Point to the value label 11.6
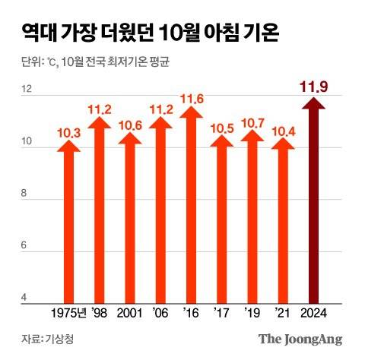pos(191,99)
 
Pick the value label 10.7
pos(252,122)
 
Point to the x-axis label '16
pos(190,312)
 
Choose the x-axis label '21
pos(281,312)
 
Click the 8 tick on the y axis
pos(27,194)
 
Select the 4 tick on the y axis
pos(27,298)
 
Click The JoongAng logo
pos(300,339)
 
